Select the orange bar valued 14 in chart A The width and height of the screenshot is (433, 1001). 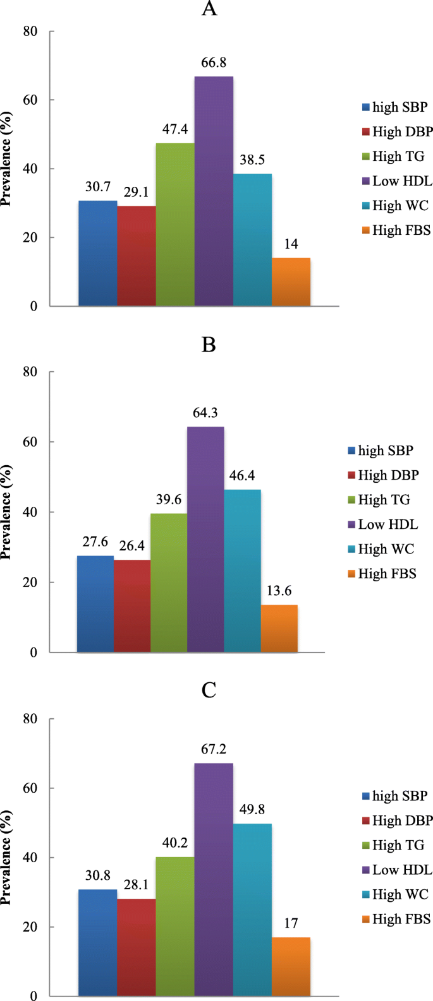(291, 282)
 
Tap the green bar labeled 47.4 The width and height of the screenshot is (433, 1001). (175, 225)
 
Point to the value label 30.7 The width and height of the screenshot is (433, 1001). (98, 187)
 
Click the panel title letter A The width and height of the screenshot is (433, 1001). (209, 9)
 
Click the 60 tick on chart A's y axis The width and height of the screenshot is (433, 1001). (30, 100)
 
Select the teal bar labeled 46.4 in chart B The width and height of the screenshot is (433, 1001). (242, 571)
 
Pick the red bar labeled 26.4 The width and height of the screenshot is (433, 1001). (132, 606)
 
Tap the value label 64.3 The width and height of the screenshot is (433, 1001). (205, 413)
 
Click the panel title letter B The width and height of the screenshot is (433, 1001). (209, 345)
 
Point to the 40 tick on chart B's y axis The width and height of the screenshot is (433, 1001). (30, 512)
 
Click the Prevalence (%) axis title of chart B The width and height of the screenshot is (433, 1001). (7, 512)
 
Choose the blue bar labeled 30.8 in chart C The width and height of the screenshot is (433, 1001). (97, 943)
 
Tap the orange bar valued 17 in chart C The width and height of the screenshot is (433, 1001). (291, 967)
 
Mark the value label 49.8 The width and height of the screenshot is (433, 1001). (252, 809)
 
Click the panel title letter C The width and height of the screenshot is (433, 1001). (209, 690)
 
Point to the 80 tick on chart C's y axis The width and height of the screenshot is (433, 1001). (30, 719)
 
